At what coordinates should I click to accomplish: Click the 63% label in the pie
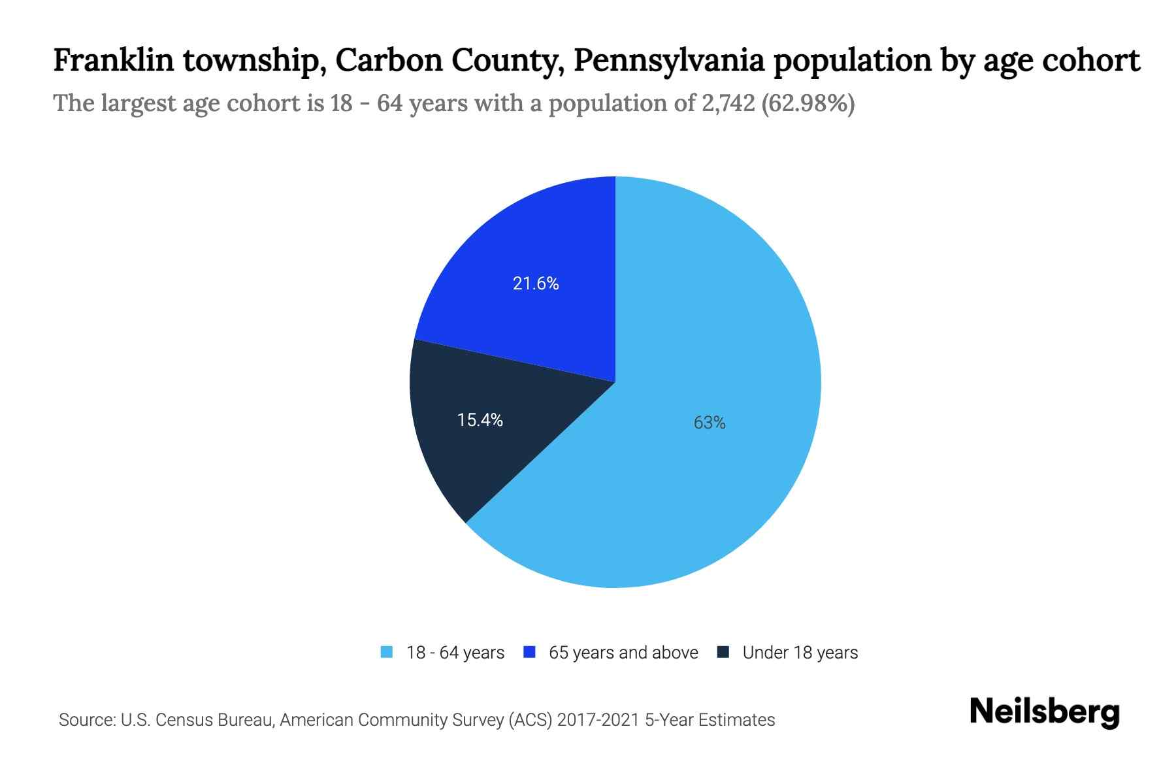[x=710, y=423]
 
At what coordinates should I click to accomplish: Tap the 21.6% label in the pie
[x=536, y=284]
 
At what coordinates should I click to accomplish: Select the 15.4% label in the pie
[x=480, y=420]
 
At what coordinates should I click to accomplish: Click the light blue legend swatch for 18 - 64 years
[x=387, y=652]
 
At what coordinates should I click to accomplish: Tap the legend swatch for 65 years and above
[x=530, y=652]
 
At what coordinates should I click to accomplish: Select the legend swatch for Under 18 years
[x=723, y=652]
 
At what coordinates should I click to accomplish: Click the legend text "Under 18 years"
[x=800, y=653]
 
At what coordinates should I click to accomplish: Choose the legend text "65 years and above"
[x=623, y=653]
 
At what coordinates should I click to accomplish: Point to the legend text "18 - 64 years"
[x=455, y=653]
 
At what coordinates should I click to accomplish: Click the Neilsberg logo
[x=1045, y=712]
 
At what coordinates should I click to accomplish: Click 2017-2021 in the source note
[x=598, y=720]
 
